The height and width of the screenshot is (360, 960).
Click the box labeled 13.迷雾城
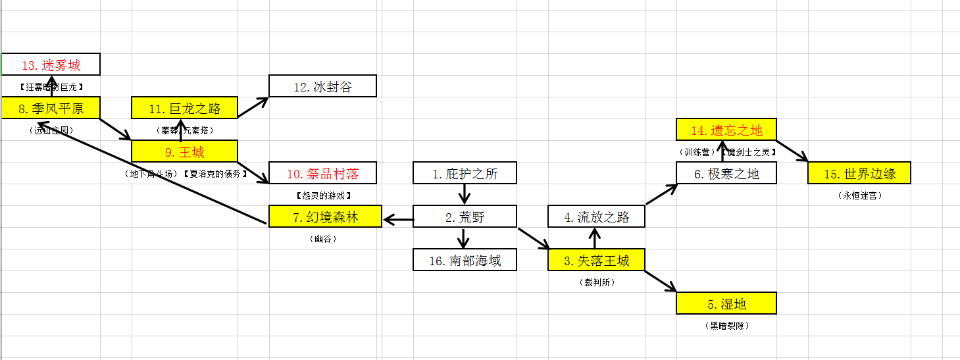click(51, 65)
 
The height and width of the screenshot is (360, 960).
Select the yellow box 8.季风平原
click(51, 108)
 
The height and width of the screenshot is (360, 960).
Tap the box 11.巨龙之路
click(184, 108)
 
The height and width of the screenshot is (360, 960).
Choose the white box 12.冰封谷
click(322, 86)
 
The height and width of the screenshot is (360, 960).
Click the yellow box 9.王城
click(184, 152)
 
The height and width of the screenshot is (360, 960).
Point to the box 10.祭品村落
click(322, 174)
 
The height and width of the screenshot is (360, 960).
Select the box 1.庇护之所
click(465, 174)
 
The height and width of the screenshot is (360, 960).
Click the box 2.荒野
click(465, 217)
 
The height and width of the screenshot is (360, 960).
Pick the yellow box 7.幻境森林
click(325, 217)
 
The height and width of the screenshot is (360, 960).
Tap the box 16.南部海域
click(465, 260)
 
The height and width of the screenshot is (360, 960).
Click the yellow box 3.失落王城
click(596, 260)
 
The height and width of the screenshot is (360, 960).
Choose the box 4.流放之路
click(596, 217)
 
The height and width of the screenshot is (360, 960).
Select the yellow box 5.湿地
click(726, 303)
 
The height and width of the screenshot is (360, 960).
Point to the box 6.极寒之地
click(726, 174)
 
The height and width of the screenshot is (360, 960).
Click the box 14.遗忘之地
click(726, 130)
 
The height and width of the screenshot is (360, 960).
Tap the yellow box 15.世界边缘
click(859, 174)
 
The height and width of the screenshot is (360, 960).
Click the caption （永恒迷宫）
click(859, 195)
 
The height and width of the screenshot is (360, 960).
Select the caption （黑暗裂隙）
click(726, 326)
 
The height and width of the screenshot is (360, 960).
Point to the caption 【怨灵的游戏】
click(322, 195)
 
